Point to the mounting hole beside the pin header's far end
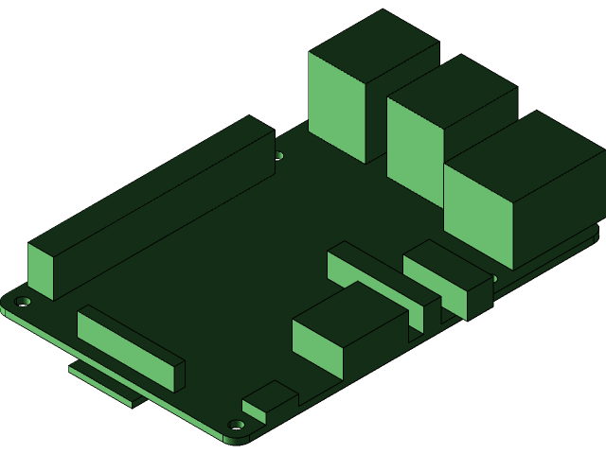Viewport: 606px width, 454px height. [x=278, y=155]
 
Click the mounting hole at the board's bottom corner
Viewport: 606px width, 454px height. [x=237, y=425]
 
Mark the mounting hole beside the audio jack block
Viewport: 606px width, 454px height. [x=491, y=278]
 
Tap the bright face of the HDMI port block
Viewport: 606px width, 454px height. [x=316, y=347]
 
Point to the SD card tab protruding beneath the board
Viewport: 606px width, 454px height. [x=104, y=384]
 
